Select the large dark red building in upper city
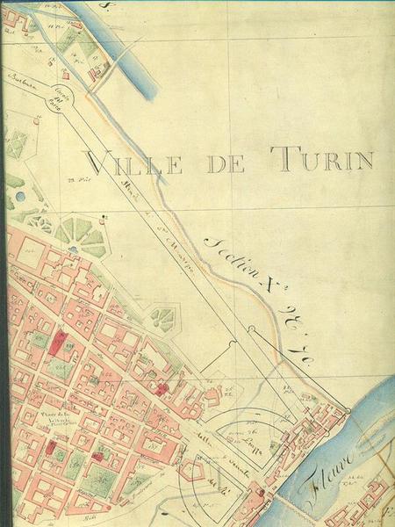(60, 343)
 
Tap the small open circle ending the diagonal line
(251, 328)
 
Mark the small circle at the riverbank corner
(348, 410)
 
